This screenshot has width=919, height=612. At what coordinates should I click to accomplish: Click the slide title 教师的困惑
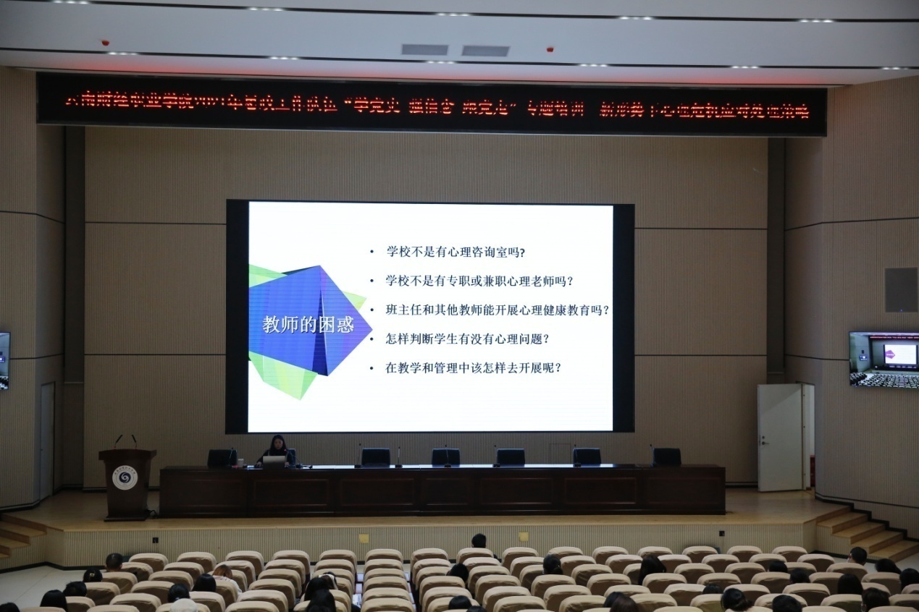point(308,325)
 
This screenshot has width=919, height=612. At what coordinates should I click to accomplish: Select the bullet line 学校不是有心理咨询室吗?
point(456,252)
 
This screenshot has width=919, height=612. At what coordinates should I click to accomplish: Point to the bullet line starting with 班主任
point(498,310)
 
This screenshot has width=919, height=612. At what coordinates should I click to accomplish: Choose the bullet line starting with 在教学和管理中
point(474,367)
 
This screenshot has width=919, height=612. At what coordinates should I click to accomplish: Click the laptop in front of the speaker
point(274,460)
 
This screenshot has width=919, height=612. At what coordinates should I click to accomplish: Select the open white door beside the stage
point(781,438)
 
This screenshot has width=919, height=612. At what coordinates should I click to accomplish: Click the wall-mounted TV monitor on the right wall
point(883,360)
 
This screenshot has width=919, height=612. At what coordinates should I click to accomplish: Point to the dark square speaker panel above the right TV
point(900,289)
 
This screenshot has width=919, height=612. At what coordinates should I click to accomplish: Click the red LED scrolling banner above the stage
point(432,104)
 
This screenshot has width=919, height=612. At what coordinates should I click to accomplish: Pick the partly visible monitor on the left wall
point(4,360)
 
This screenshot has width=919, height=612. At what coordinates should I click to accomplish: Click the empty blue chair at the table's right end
point(666,456)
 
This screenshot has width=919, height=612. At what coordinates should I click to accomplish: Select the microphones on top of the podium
point(125,441)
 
